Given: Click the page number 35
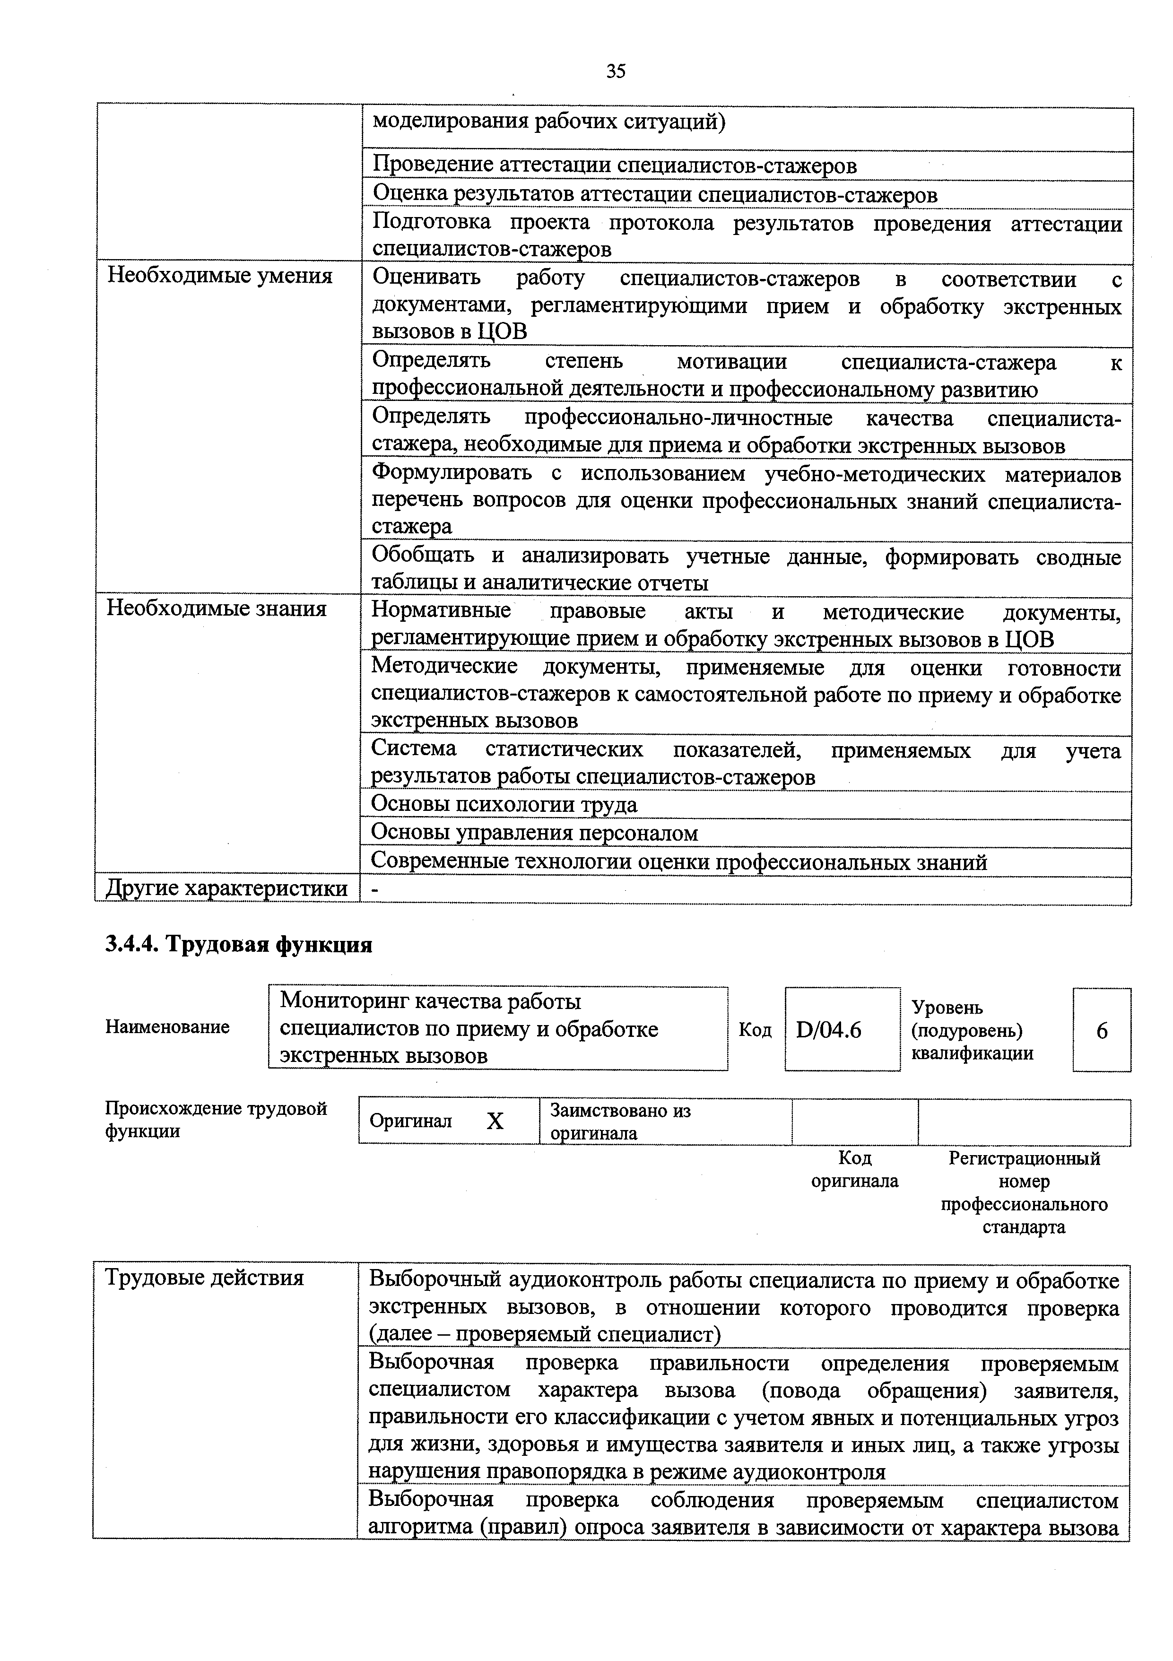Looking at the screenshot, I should [x=616, y=71].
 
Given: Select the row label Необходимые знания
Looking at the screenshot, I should [x=216, y=609].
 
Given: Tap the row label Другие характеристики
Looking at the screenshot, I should [x=226, y=888].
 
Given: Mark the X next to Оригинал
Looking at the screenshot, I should [x=495, y=1122].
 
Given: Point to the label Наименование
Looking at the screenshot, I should [x=167, y=1027].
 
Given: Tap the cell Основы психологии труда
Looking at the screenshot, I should [x=504, y=804].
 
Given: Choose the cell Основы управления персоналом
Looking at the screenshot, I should [x=534, y=834].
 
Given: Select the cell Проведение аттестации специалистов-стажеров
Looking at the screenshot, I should [x=614, y=165].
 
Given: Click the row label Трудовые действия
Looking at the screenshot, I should [x=205, y=1278].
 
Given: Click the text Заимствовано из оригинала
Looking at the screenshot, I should [x=620, y=1122].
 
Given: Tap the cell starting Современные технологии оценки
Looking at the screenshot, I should [x=678, y=862].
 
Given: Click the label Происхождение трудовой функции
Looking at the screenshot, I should [x=216, y=1120].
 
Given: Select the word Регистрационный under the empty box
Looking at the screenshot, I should [x=1024, y=1159].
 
